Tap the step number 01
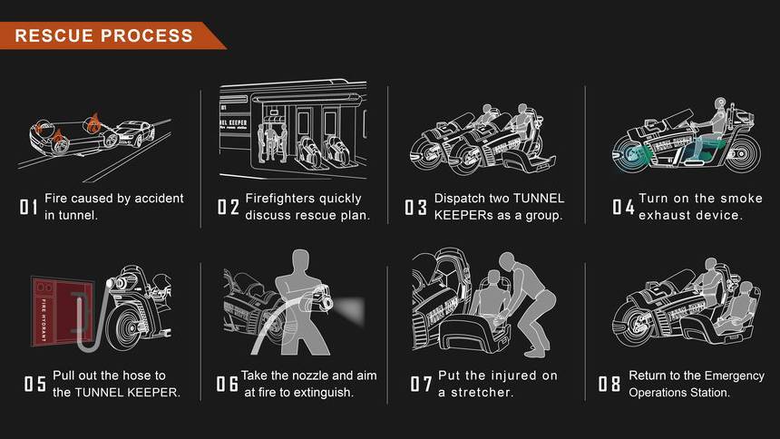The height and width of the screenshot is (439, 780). click(x=28, y=207)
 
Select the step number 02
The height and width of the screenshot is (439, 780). click(x=229, y=207)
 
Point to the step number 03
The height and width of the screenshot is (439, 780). click(x=416, y=207)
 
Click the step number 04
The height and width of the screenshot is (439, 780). click(x=623, y=207)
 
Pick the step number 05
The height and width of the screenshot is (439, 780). click(x=35, y=384)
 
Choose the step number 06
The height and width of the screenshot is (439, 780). click(x=227, y=384)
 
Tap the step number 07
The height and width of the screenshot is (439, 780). click(x=421, y=384)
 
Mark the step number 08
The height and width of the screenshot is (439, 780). click(x=609, y=384)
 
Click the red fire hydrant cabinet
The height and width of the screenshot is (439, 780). click(x=63, y=311)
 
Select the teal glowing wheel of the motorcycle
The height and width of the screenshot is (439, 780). click(x=630, y=153)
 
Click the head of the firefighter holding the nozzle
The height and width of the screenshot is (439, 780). click(x=300, y=261)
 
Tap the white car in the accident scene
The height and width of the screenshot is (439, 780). click(x=133, y=133)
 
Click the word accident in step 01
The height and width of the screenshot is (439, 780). click(x=160, y=199)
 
